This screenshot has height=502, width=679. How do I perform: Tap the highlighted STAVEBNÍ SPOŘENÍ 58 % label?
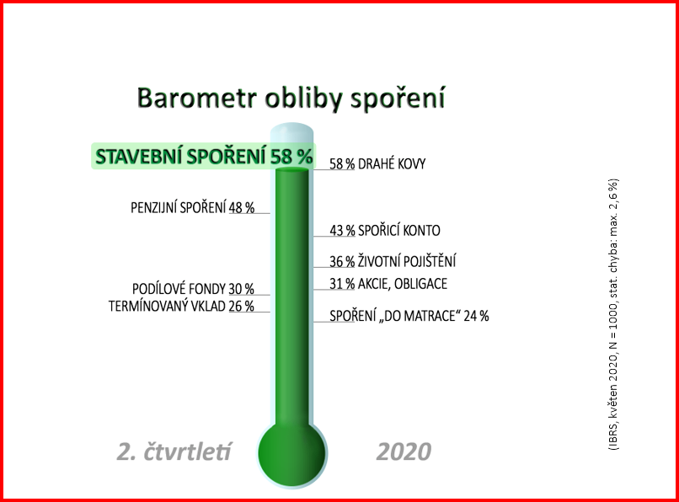pos(204,157)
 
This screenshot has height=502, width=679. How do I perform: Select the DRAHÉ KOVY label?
pos(392,163)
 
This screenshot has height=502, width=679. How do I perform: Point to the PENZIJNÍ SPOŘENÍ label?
pos(179,207)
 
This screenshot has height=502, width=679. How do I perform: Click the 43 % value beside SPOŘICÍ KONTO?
pos(342,231)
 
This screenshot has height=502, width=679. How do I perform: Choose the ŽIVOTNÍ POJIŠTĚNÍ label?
pos(407,262)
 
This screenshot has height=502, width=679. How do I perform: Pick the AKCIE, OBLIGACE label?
pos(403,284)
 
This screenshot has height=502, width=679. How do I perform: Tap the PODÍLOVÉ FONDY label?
pos(179,289)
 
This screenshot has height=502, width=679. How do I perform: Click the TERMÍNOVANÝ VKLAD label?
pos(167,307)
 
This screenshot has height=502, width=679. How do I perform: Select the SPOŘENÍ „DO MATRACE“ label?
pos(393,316)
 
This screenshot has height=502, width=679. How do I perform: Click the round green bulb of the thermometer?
pos(291,453)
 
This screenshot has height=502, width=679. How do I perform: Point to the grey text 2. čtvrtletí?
pos(174,451)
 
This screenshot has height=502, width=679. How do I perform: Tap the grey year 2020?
pos(404,451)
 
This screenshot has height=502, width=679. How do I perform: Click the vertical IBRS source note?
pos(614,314)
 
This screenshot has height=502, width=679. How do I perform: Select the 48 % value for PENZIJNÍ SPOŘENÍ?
pos(242,207)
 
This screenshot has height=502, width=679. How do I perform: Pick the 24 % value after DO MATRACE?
pos(476,316)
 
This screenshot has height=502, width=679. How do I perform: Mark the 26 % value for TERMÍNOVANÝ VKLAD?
pos(241,307)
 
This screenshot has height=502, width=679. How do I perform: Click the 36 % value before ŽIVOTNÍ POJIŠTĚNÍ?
pos(342,262)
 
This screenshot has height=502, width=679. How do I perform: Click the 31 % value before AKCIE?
pos(342,284)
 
